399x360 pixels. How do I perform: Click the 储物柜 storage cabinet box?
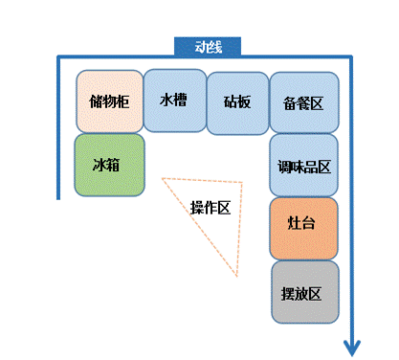109,101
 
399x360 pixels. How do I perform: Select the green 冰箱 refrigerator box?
109,165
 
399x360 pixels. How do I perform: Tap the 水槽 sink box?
174,101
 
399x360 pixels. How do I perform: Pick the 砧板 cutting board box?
237,103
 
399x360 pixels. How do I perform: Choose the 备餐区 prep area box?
304,102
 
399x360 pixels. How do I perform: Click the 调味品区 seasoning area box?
303,165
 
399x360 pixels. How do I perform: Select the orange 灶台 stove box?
303,229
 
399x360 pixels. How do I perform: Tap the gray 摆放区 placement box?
305,292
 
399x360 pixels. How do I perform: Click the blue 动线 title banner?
208,47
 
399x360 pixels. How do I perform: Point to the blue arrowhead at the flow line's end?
352,349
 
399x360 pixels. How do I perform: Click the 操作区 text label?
211,208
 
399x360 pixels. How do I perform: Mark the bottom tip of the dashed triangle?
237,276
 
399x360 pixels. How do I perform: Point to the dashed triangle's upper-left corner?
163,178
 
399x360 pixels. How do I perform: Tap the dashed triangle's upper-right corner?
242,183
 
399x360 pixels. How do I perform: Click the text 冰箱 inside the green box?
106,165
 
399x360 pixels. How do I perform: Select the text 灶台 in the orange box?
301,222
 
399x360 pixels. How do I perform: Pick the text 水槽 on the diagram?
173,100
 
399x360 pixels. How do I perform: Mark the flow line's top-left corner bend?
58,57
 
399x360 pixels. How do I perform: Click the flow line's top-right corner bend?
351,57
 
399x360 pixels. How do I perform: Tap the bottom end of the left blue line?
58,199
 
